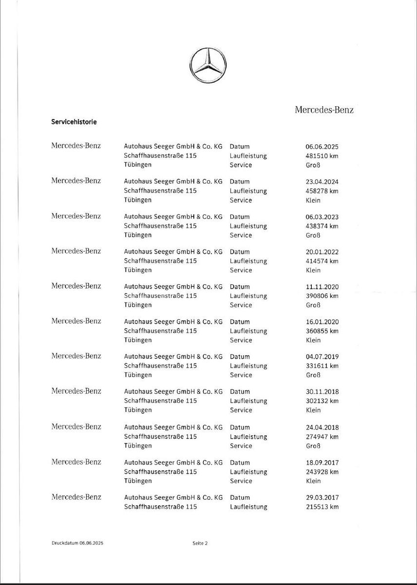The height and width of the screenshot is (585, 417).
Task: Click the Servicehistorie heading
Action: [x=74, y=122]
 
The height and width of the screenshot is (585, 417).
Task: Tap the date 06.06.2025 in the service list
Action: [x=322, y=147]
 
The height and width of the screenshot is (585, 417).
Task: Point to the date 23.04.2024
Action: [x=322, y=182]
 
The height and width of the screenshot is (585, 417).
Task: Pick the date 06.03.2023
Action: [x=322, y=217]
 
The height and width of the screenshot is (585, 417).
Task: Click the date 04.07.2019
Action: [x=322, y=357]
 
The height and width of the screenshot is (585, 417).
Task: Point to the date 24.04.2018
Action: [x=322, y=428]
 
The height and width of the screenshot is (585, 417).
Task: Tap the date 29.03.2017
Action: [x=322, y=498]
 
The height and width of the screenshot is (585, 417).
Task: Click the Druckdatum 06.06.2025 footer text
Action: [x=76, y=543]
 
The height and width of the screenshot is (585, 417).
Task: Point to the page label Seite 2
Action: [x=200, y=543]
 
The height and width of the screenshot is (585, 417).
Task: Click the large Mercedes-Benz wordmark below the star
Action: [x=324, y=110]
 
